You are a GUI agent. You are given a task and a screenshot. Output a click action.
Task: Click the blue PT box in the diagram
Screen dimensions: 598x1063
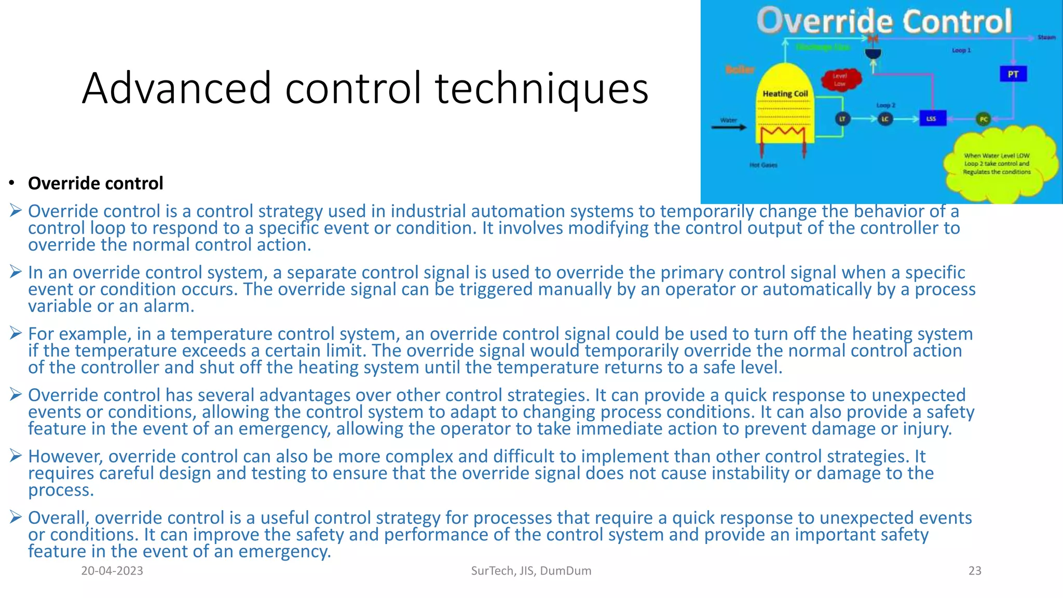(x=1013, y=74)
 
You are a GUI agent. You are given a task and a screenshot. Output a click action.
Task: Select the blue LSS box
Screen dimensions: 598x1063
(x=932, y=118)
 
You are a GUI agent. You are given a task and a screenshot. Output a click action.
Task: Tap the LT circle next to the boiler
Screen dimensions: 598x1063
(x=842, y=119)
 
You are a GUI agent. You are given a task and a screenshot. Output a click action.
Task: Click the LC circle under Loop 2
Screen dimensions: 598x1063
(x=885, y=119)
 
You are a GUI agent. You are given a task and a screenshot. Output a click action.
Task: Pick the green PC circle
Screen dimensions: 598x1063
(x=983, y=119)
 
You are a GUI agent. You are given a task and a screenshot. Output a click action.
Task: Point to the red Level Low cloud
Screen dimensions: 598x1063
(x=840, y=79)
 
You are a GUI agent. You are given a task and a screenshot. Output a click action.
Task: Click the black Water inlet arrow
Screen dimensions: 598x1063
(x=729, y=127)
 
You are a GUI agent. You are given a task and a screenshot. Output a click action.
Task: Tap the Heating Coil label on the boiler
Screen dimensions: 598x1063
(x=785, y=93)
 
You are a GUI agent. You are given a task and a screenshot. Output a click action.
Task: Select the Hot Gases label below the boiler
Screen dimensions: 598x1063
(x=763, y=165)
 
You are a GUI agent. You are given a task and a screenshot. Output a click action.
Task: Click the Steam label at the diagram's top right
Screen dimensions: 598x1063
(x=1046, y=37)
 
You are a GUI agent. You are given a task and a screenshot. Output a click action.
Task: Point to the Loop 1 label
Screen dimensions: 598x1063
(x=961, y=50)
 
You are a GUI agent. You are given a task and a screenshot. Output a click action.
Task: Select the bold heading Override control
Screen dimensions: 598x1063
(x=96, y=183)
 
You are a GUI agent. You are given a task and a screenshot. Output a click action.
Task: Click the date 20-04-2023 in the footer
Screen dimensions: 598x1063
(x=112, y=570)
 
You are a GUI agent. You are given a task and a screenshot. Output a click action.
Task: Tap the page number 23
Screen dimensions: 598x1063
(x=975, y=570)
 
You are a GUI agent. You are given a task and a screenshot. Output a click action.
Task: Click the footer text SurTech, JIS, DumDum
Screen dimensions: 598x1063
(x=531, y=570)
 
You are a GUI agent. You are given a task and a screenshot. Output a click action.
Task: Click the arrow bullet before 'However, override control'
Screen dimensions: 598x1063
(x=15, y=456)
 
